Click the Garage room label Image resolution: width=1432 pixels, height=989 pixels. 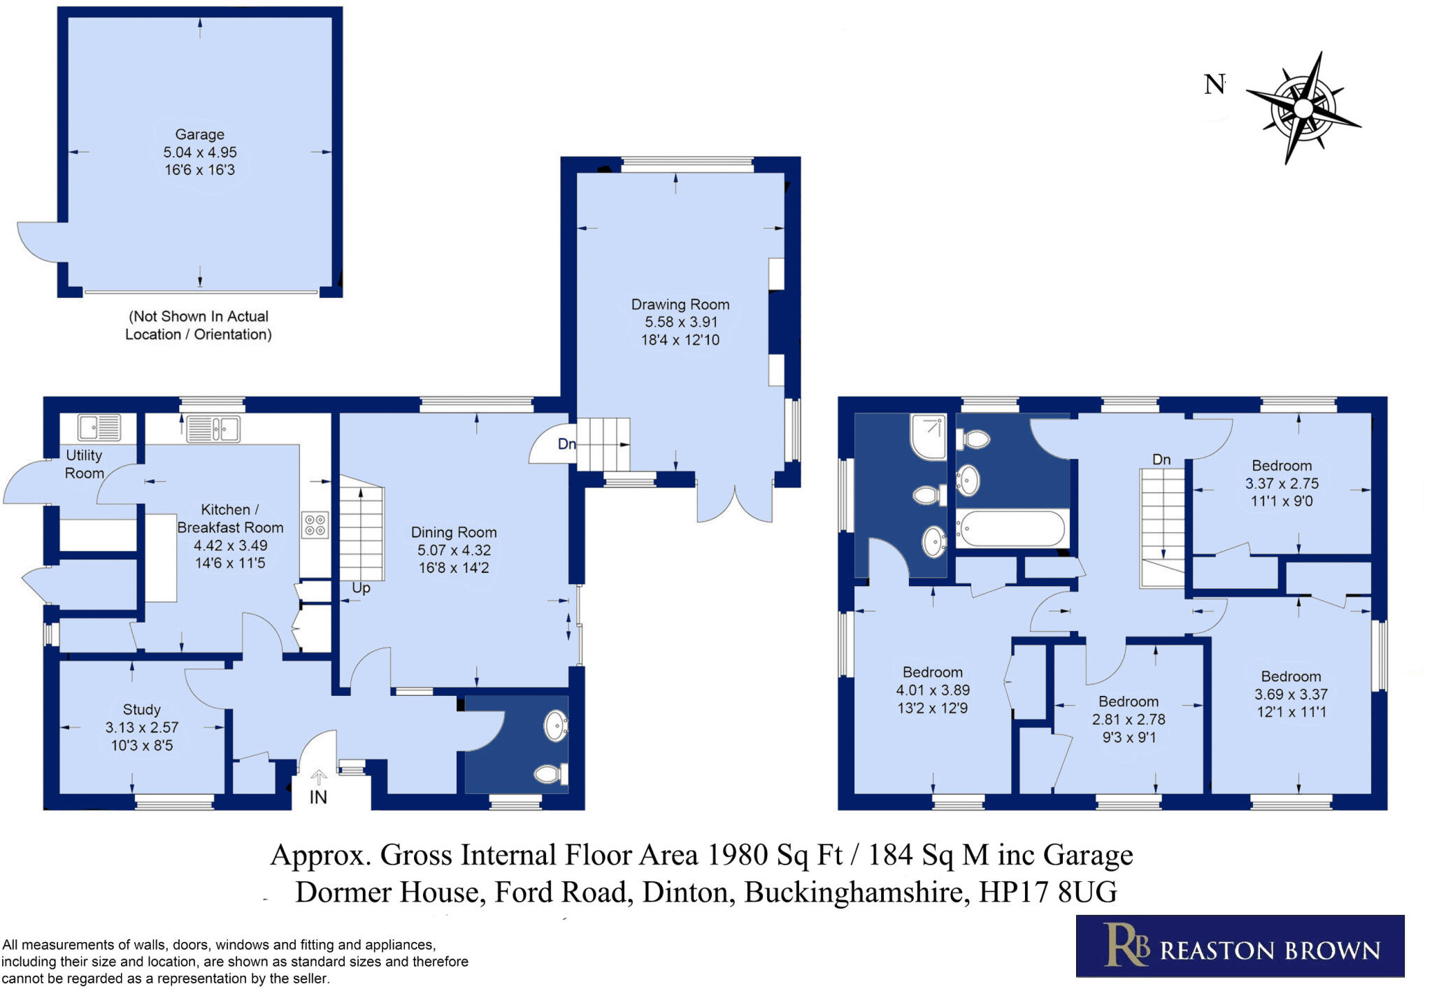(x=199, y=134)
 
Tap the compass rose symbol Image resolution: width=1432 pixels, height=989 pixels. (x=1303, y=108)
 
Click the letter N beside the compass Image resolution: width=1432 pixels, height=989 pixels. (x=1214, y=85)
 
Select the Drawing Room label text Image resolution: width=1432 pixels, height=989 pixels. (x=680, y=304)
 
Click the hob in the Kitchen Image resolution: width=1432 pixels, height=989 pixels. (x=315, y=525)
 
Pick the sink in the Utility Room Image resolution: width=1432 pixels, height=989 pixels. (x=99, y=427)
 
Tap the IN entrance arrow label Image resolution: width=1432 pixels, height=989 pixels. (x=318, y=797)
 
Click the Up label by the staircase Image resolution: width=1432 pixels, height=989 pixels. (x=361, y=588)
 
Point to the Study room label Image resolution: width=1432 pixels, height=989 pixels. (x=141, y=709)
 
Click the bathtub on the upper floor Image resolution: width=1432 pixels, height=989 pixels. (x=1012, y=528)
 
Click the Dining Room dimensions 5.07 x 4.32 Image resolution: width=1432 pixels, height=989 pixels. (x=454, y=550)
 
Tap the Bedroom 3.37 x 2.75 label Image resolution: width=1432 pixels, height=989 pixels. (x=1281, y=483)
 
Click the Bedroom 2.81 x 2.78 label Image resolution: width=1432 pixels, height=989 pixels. (x=1128, y=718)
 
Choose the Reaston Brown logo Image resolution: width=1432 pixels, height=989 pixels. (x=1239, y=946)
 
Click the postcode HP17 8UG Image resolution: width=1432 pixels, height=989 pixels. (x=1047, y=892)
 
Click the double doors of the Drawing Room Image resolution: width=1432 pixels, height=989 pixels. (x=734, y=504)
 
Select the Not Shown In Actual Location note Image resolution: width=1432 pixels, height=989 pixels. (x=199, y=325)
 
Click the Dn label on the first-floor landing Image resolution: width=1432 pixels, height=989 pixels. (x=1161, y=460)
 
